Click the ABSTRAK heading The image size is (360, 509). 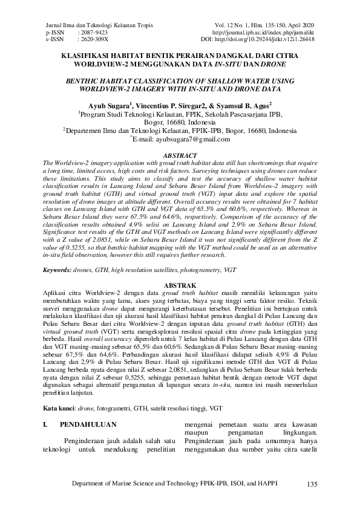(180, 284)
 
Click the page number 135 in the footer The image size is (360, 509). (312, 485)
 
